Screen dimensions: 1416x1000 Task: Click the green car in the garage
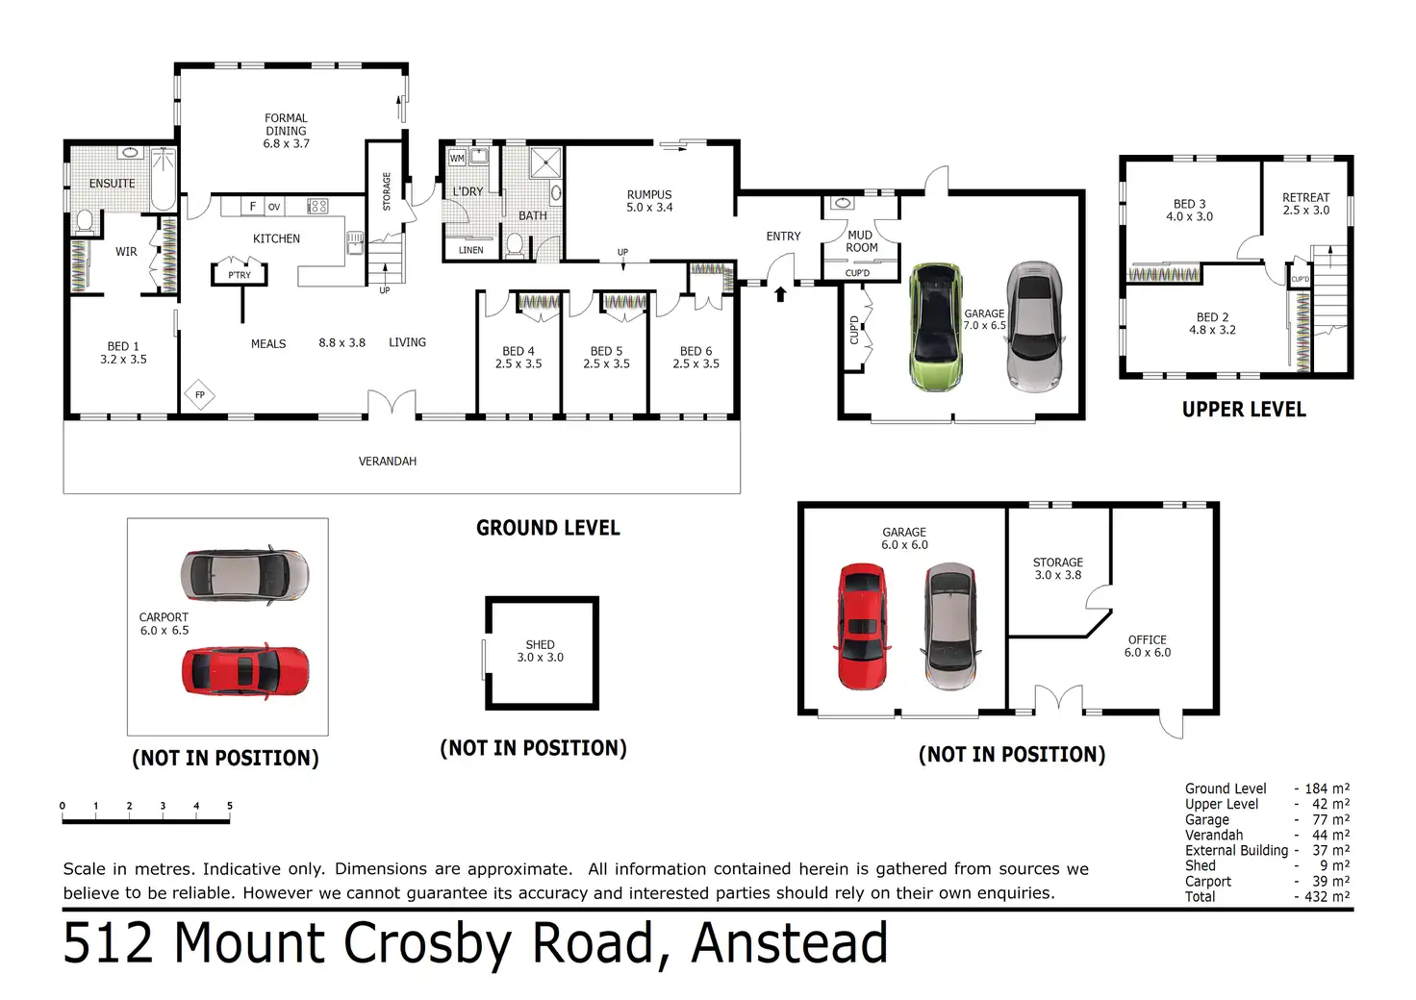pyautogui.click(x=935, y=327)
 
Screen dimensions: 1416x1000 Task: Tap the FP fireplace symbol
pyautogui.click(x=200, y=395)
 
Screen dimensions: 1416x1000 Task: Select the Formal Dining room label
pyautogui.click(x=286, y=131)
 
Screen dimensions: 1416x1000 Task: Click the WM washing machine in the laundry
pyautogui.click(x=457, y=158)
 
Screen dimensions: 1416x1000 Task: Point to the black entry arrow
pyautogui.click(x=780, y=292)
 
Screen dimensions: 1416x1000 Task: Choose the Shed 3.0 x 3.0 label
pyautogui.click(x=540, y=651)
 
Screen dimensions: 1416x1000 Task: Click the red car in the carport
pyautogui.click(x=246, y=670)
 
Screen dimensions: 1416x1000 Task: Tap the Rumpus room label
pyautogui.click(x=649, y=200)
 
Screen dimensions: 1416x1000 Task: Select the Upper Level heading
pyautogui.click(x=1244, y=410)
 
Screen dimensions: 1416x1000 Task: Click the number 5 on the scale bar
pyautogui.click(x=230, y=806)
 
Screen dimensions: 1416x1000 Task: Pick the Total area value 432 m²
pyautogui.click(x=1327, y=896)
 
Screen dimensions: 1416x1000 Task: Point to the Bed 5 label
pyautogui.click(x=606, y=357)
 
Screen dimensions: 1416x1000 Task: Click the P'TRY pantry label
pyautogui.click(x=240, y=275)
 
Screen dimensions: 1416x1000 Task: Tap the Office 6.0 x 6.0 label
pyautogui.click(x=1148, y=645)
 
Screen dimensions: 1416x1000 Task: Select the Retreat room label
pyautogui.click(x=1305, y=203)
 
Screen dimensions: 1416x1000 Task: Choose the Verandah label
pyautogui.click(x=388, y=462)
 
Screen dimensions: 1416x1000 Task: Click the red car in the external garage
pyautogui.click(x=862, y=626)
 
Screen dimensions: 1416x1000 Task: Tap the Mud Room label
pyautogui.click(x=861, y=241)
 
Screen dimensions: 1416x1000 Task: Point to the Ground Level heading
pyautogui.click(x=548, y=528)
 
